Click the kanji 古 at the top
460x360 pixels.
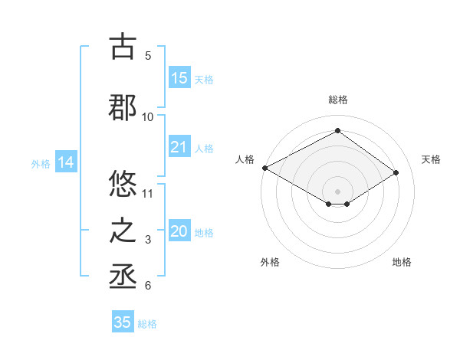click(x=123, y=47)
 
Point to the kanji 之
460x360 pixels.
click(x=123, y=231)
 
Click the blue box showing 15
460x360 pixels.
click(x=179, y=78)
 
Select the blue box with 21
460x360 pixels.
click(x=179, y=147)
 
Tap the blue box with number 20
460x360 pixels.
click(x=179, y=232)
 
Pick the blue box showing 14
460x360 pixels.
click(x=65, y=162)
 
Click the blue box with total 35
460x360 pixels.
click(x=123, y=322)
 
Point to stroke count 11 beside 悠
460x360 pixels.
click(x=148, y=193)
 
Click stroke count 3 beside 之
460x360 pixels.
click(x=148, y=240)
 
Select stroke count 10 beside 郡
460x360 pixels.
click(x=148, y=116)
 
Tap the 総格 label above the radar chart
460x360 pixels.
click(x=337, y=100)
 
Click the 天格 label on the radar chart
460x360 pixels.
click(x=431, y=159)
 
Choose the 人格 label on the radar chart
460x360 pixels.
click(x=245, y=159)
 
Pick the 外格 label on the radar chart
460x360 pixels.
click(x=270, y=262)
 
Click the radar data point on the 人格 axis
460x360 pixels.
click(x=264, y=167)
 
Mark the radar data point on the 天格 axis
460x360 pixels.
click(x=396, y=172)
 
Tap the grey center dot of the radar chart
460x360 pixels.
click(x=337, y=190)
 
